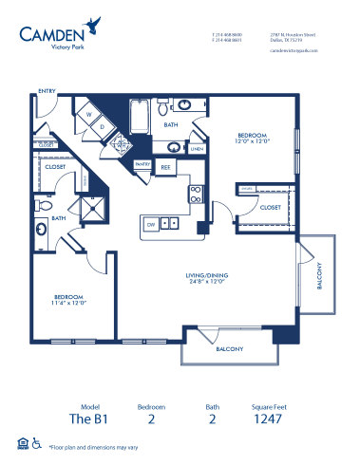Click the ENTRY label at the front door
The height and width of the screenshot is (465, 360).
coord(46,91)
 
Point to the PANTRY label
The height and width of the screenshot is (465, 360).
coord(142,164)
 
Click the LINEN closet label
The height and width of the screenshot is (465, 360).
coord(197,149)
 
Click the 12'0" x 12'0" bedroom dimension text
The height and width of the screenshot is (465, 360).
coord(253,141)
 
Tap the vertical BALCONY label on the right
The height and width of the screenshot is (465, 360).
coord(318,275)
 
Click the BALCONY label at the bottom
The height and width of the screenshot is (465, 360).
coord(230,348)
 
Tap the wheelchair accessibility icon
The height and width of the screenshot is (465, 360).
coord(36,443)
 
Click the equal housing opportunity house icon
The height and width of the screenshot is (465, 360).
coord(21,443)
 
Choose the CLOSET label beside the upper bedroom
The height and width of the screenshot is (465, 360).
coord(271,206)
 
